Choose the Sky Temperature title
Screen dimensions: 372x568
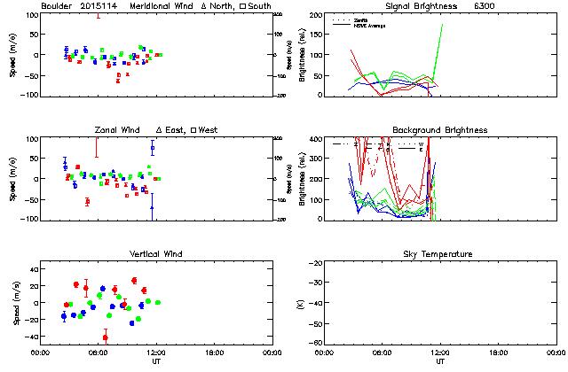click(439, 254)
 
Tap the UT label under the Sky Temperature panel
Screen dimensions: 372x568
click(439, 361)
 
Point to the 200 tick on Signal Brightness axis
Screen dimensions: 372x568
click(317, 15)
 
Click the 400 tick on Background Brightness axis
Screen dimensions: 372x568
click(317, 139)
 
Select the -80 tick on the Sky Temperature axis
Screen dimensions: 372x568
click(315, 343)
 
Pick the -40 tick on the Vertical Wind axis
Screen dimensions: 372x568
click(29, 337)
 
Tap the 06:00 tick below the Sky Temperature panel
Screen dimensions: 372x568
click(383, 352)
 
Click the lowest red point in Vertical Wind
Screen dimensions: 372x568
click(105, 337)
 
